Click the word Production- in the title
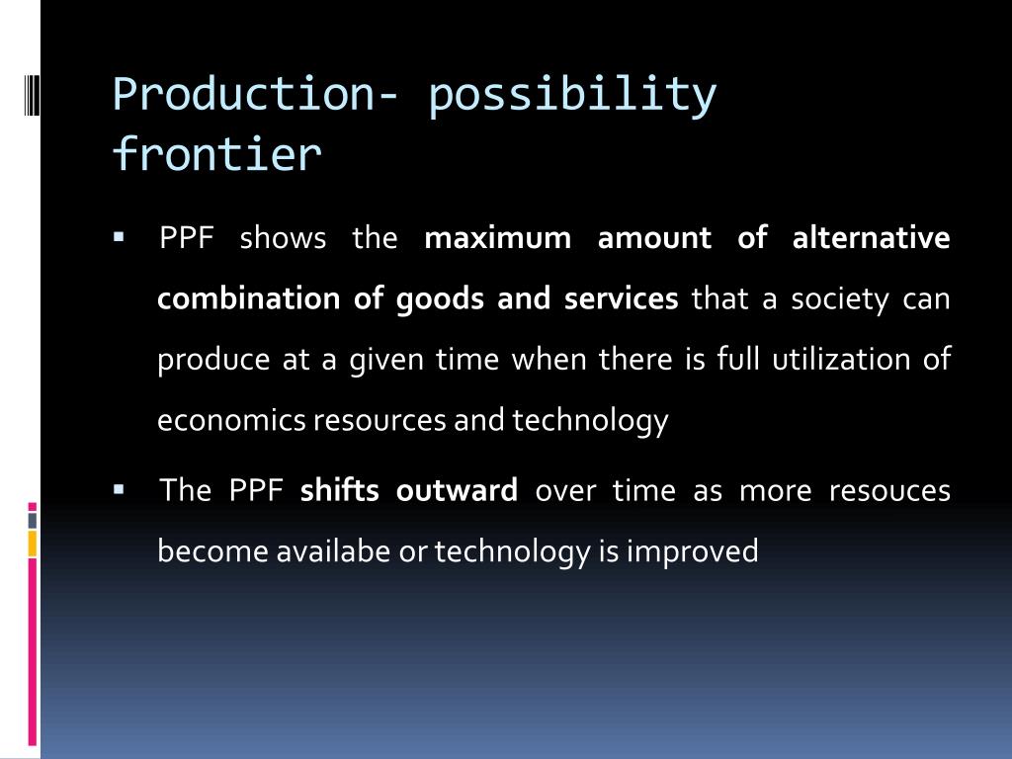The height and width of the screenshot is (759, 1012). point(255,94)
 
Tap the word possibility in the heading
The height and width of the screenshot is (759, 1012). point(572,96)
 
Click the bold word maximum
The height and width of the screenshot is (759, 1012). point(498,237)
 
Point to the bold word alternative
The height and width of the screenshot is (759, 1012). point(871,237)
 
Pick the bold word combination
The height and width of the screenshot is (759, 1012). point(248,298)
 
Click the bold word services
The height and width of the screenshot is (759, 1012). point(621,298)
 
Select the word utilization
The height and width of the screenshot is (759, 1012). point(841,359)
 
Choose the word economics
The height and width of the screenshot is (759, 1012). point(231,420)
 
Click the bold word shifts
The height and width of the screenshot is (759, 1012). point(340,490)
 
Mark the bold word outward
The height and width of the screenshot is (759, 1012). point(457,490)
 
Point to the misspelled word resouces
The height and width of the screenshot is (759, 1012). point(889,491)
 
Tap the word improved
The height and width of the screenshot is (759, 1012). point(693,551)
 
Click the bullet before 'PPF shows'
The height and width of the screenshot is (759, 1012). point(119,237)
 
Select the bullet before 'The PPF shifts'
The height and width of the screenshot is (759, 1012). point(119,490)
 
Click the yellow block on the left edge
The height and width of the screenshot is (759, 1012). point(33,544)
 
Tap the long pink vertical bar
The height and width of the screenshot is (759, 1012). point(33,652)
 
